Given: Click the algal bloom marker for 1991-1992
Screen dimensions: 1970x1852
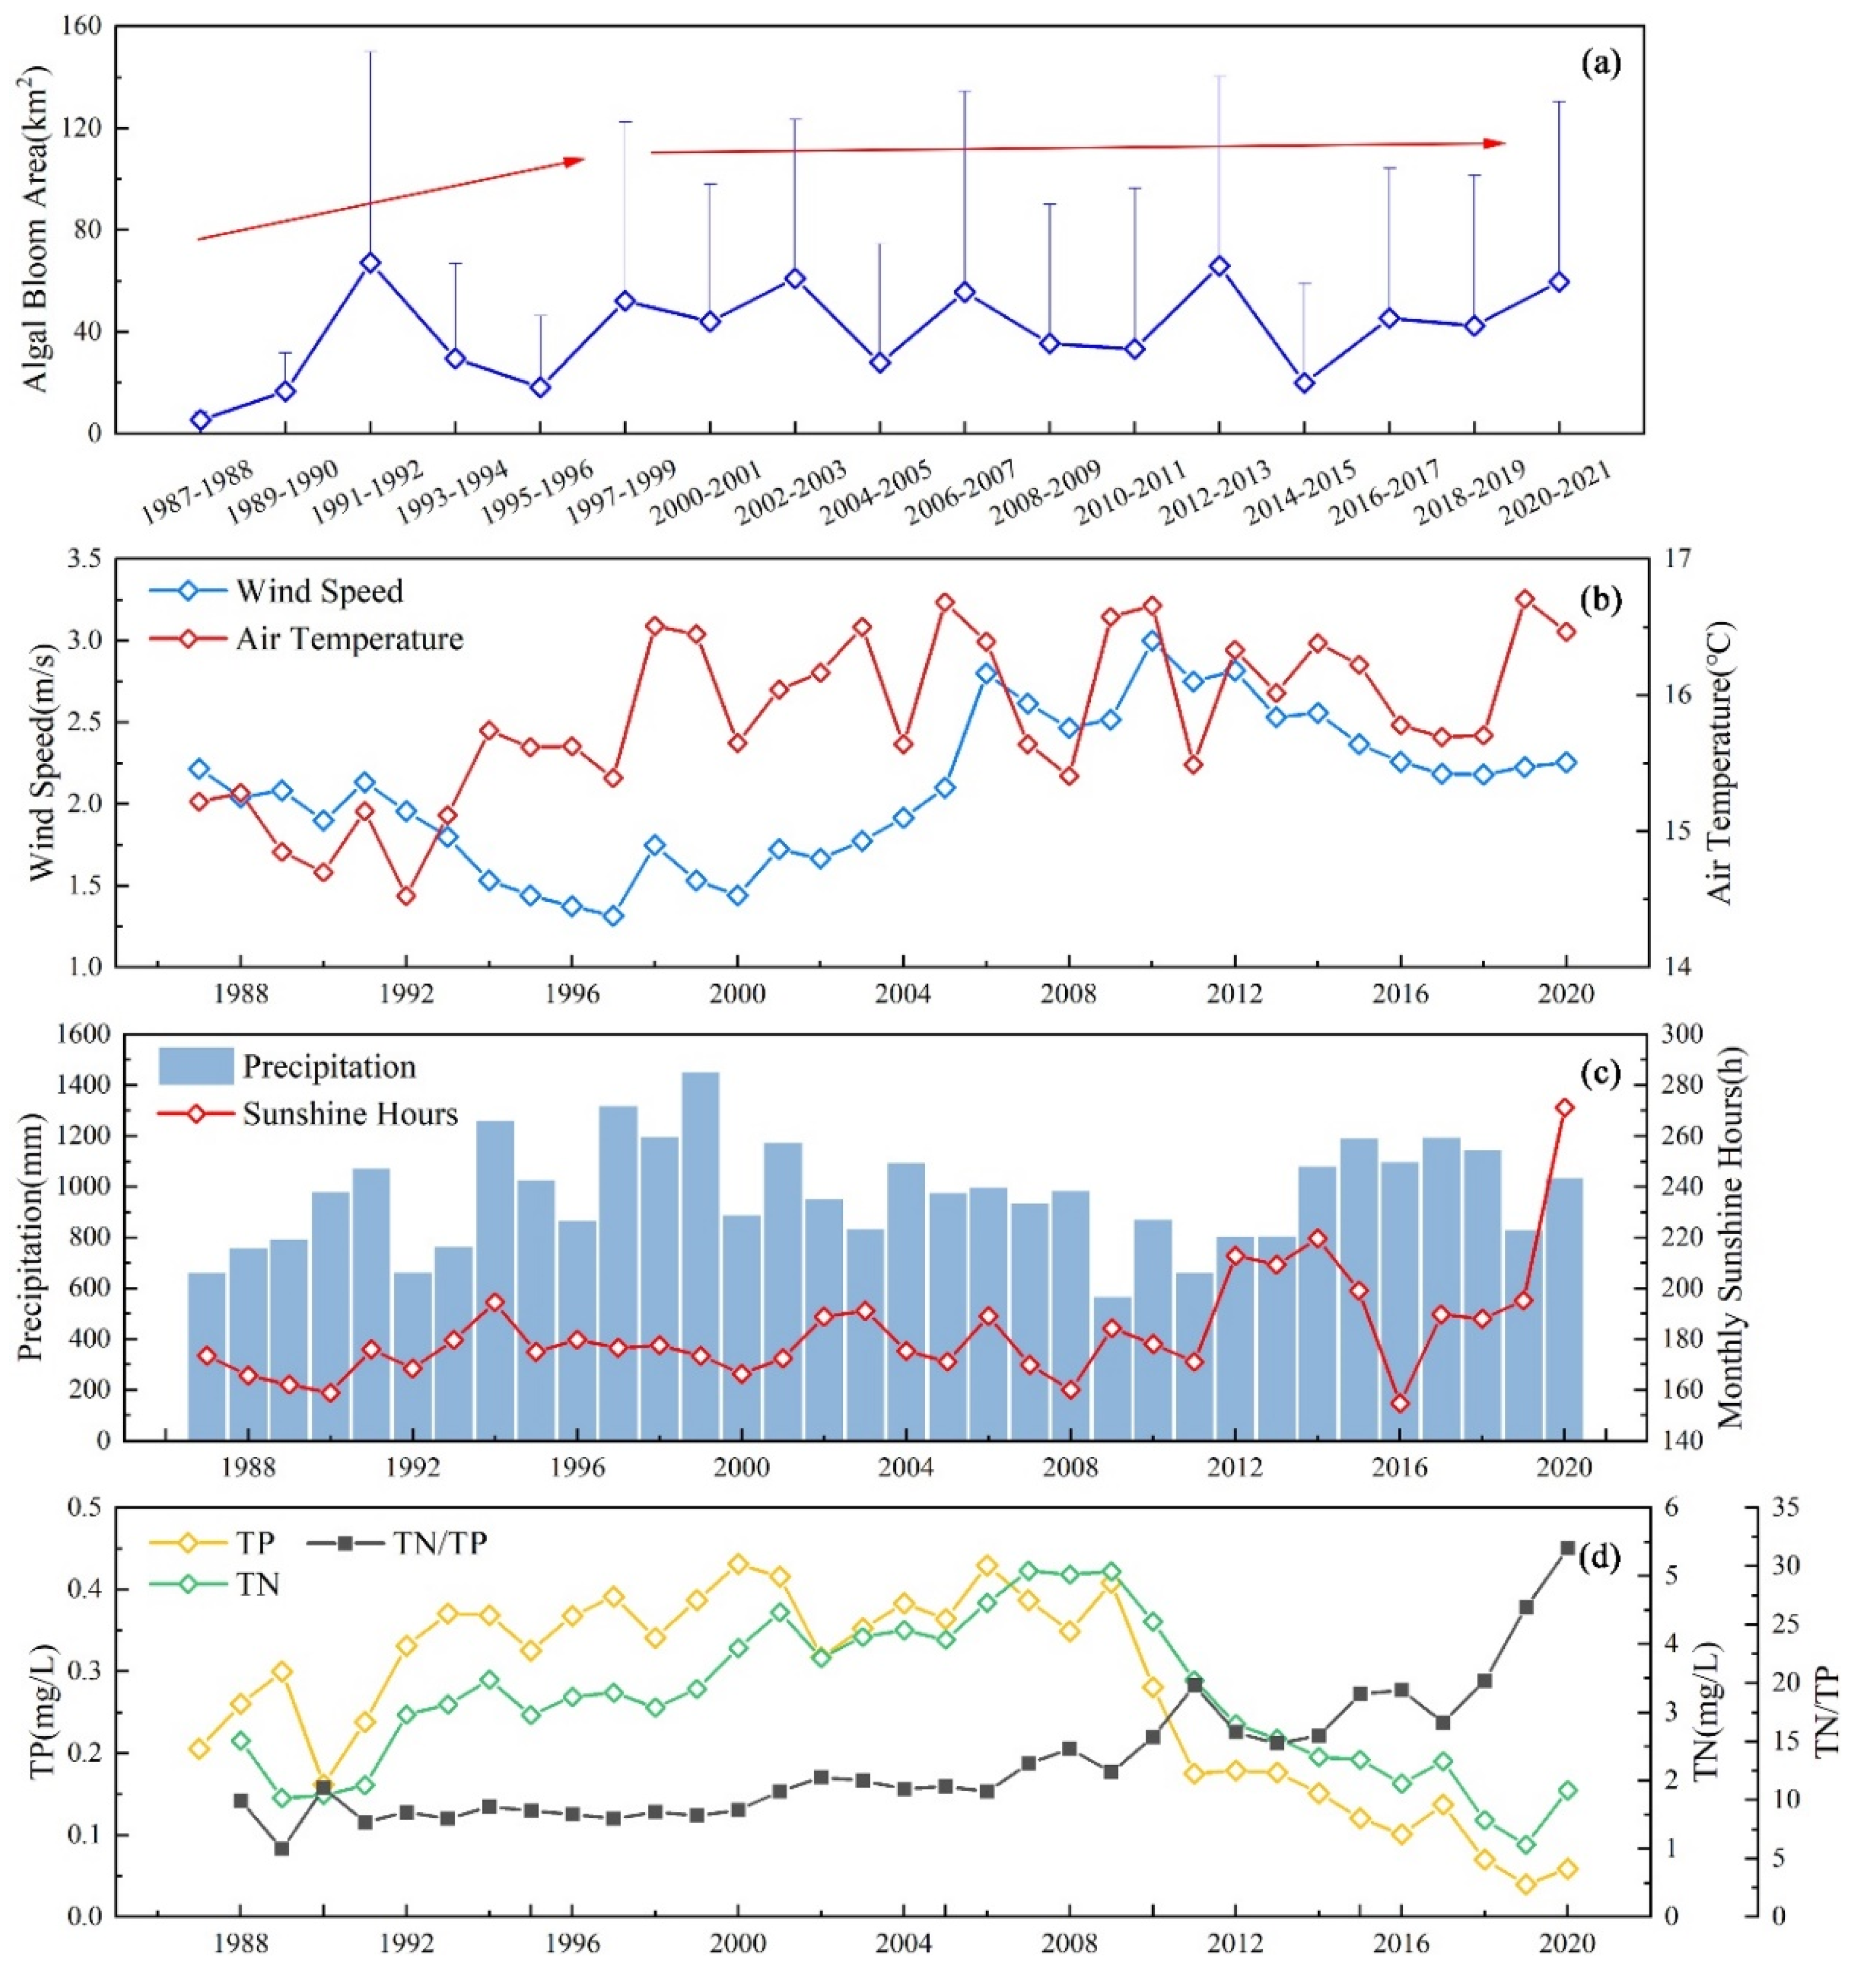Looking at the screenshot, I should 371,263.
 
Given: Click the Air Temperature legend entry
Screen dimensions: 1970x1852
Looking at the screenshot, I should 349,638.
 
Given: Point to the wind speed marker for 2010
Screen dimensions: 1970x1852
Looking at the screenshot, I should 1151,641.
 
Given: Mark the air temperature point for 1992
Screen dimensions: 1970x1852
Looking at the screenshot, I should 405,896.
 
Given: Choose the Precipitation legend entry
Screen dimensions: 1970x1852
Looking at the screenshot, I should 329,1066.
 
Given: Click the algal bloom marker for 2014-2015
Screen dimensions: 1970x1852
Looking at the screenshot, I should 1304,383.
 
